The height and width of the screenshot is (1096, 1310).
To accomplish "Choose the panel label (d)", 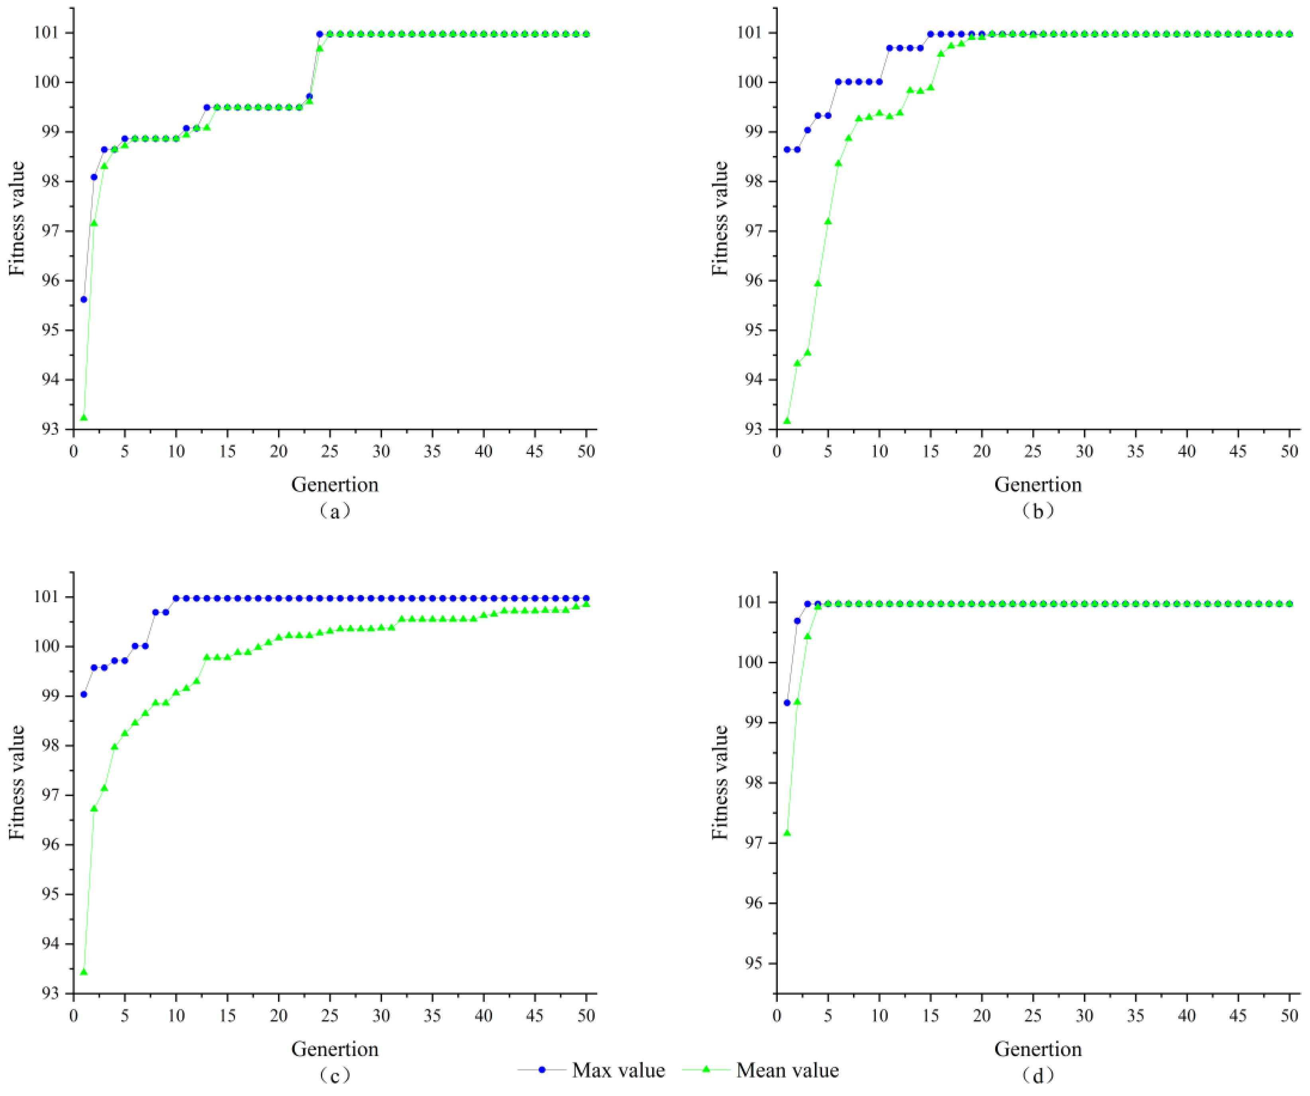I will (x=1037, y=1075).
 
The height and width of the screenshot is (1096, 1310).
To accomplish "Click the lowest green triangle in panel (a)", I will (x=84, y=417).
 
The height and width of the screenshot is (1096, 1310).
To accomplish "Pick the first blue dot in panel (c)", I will (x=84, y=694).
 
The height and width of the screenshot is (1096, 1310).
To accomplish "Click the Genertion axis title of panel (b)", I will (x=1037, y=484).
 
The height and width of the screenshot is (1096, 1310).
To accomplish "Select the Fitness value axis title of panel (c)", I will (x=17, y=782).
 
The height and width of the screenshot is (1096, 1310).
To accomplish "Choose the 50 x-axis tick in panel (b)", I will (x=1289, y=451).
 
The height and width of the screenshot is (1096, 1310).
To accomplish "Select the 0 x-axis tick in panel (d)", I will (x=777, y=1015).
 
